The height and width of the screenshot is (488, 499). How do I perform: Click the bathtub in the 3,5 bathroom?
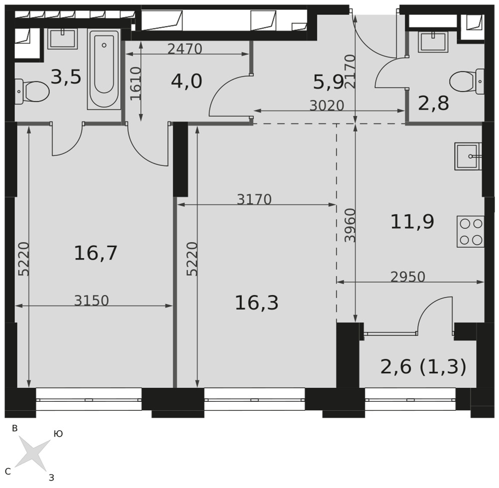tap(104, 69)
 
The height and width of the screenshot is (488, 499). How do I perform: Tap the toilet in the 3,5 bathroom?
tap(32, 92)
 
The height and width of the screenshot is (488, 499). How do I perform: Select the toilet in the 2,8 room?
tap(467, 82)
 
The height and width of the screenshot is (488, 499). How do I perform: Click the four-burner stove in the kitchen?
tap(471, 232)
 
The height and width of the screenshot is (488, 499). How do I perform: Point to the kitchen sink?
tap(469, 157)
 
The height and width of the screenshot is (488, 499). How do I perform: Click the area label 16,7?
tap(96, 253)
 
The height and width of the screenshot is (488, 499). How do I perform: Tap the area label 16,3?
tap(256, 303)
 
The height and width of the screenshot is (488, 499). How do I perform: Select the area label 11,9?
tap(412, 222)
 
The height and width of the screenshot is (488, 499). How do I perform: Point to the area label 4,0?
tap(187, 81)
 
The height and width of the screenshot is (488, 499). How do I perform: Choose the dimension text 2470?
tap(185, 49)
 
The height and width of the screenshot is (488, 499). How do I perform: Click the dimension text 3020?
tap(327, 106)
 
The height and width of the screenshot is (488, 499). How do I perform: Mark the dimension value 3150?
tap(92, 301)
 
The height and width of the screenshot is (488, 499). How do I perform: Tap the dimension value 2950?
tap(408, 277)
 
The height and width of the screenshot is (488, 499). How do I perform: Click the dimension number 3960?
tap(350, 225)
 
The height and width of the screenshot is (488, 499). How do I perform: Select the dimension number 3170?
tap(254, 200)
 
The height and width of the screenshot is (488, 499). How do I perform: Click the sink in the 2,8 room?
tap(434, 42)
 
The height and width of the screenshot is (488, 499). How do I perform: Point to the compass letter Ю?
tap(58, 434)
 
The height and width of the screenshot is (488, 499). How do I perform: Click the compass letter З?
tap(51, 477)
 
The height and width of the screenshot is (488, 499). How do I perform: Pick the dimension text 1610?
tap(136, 84)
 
